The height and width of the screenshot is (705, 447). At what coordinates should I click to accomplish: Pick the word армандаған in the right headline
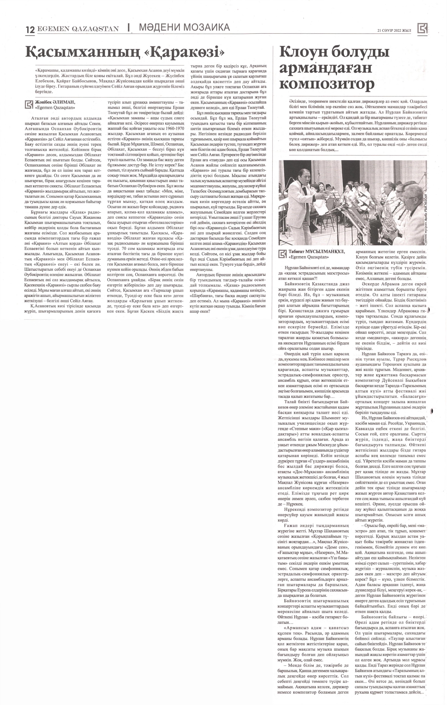[x=325, y=68]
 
